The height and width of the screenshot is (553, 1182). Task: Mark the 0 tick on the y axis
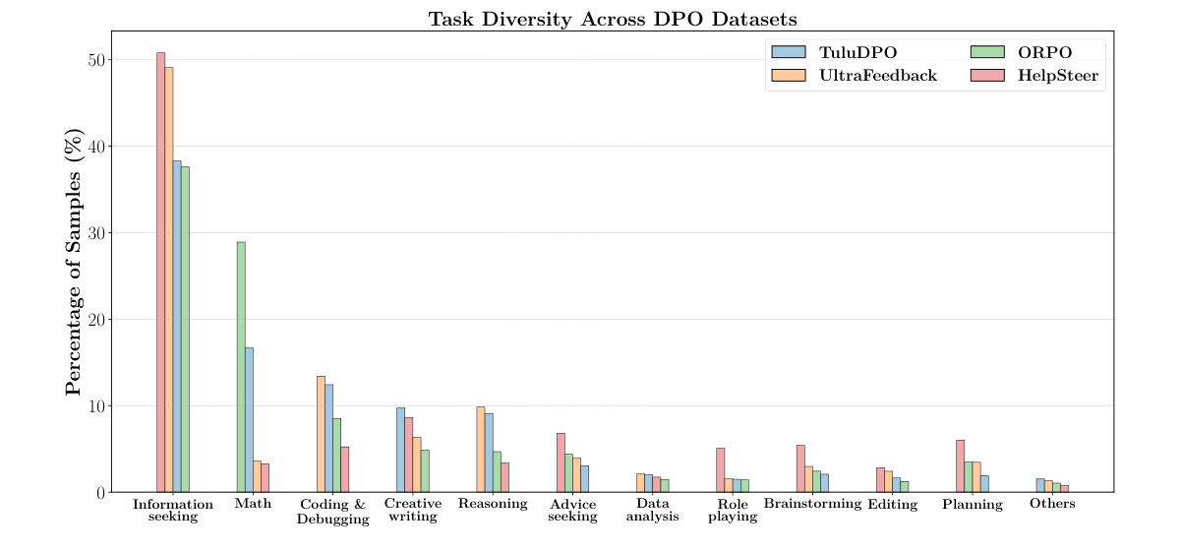(x=99, y=493)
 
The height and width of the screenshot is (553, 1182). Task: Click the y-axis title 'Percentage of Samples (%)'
(x=74, y=261)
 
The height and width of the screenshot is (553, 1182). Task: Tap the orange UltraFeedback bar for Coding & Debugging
(x=321, y=434)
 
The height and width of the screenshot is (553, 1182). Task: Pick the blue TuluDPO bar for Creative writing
(x=400, y=450)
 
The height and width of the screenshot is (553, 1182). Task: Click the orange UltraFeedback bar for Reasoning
(x=481, y=449)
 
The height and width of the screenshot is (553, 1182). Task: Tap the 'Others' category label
(x=1052, y=504)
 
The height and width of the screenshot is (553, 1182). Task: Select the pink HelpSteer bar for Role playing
(x=720, y=469)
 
